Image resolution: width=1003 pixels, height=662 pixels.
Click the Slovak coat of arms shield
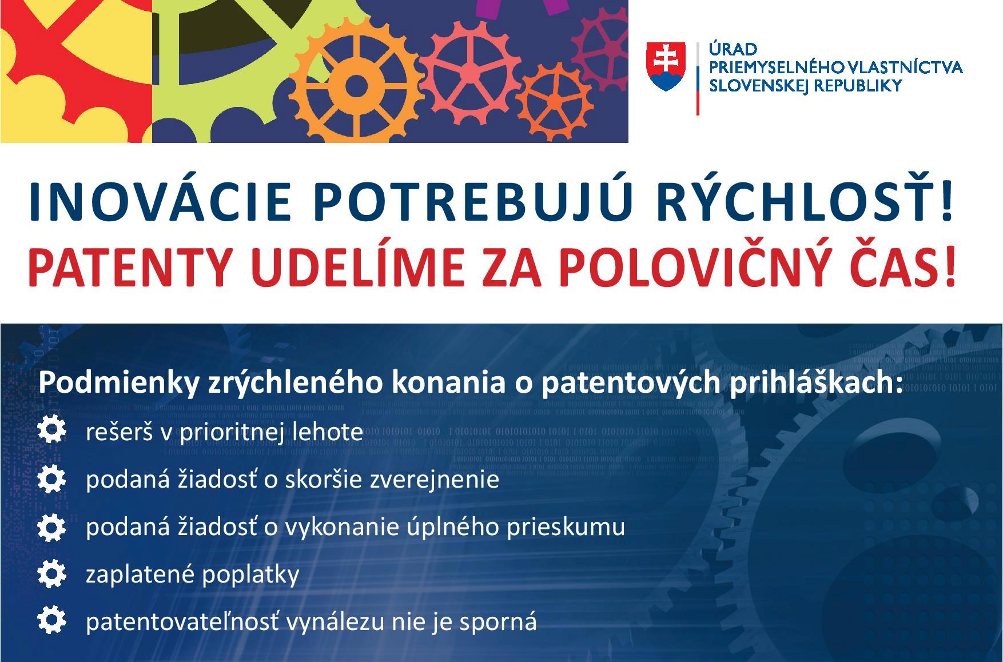coord(666,66)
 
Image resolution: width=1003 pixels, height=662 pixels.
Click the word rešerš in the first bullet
coord(120,432)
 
